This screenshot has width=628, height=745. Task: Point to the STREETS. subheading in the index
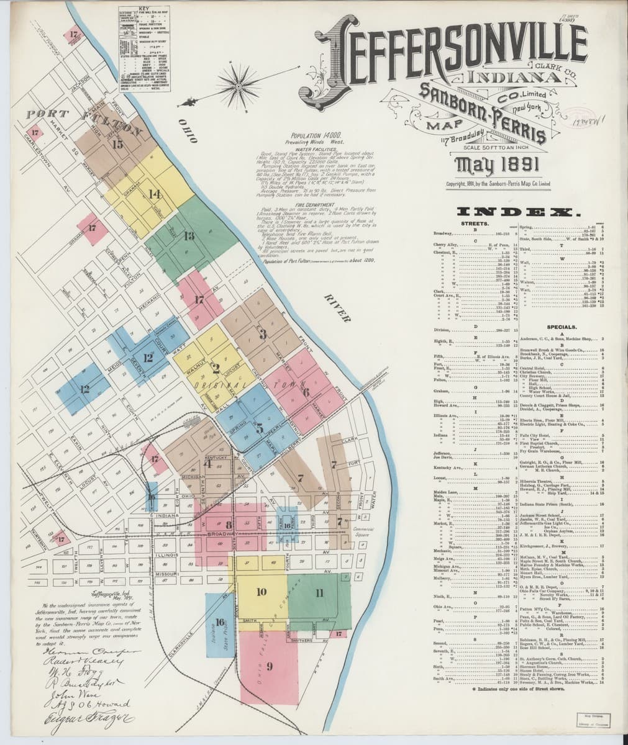pos(474,223)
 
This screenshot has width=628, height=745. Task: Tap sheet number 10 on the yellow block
pos(262,591)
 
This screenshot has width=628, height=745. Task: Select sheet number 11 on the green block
pos(319,592)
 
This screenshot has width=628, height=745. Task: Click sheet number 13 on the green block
pos(189,235)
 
